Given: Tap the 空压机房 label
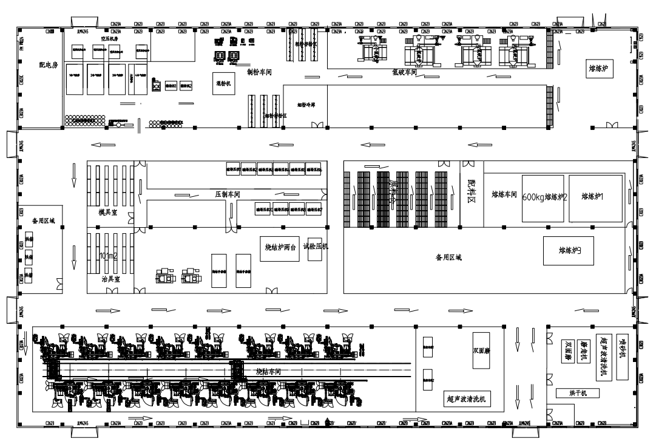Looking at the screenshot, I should pyautogui.click(x=108, y=38).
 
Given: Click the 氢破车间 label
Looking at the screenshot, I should pyautogui.click(x=405, y=72).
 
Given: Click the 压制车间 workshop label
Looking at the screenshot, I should pyautogui.click(x=229, y=193).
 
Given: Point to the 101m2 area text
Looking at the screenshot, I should pyautogui.click(x=110, y=256).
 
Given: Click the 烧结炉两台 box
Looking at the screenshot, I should pyautogui.click(x=280, y=248).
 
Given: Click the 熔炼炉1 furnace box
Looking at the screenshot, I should pyautogui.click(x=595, y=196).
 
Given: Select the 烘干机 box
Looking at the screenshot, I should pyautogui.click(x=577, y=394).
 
